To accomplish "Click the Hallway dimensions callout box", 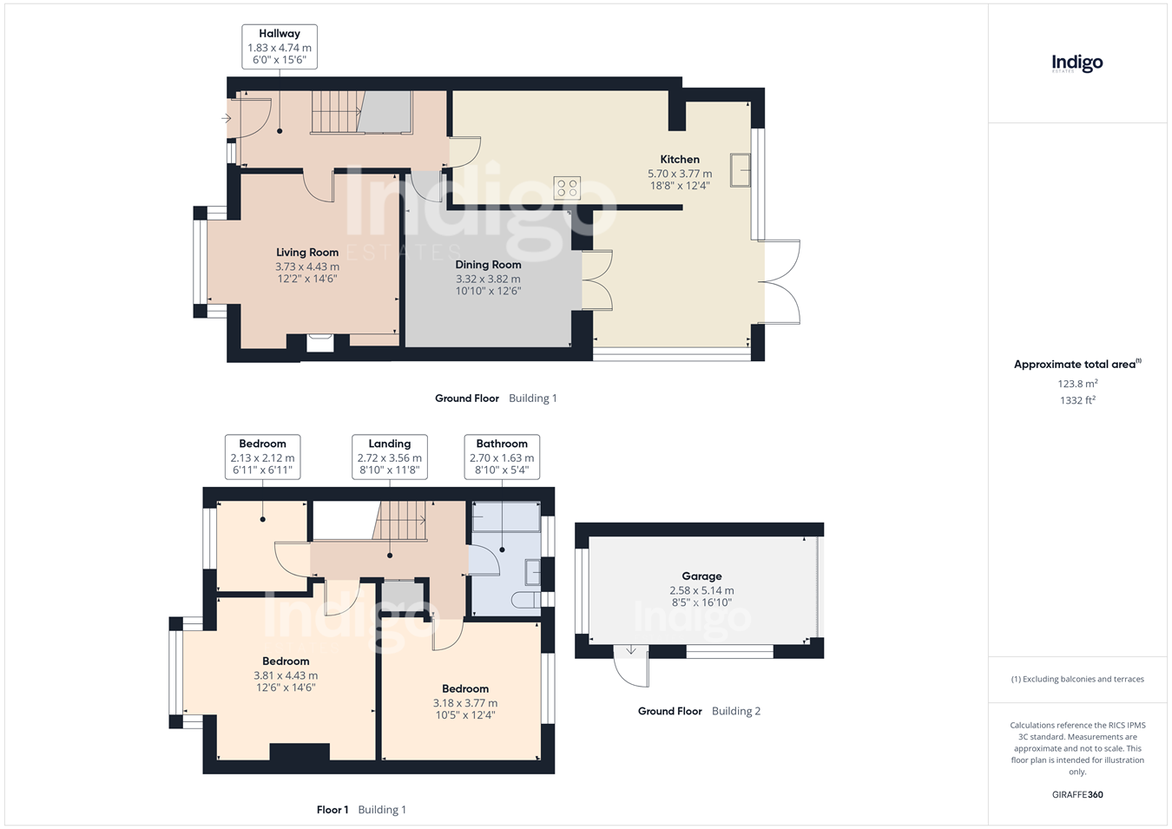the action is click(x=280, y=47).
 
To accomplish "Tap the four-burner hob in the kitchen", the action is click(x=567, y=188).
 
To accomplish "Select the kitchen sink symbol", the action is click(x=741, y=170).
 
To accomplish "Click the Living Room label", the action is click(x=307, y=252).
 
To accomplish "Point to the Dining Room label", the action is click(x=488, y=265).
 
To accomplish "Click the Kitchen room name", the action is click(x=680, y=159).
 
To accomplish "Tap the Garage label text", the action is click(x=701, y=576).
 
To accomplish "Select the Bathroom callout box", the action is click(x=502, y=457).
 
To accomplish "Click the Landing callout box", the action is click(x=389, y=457).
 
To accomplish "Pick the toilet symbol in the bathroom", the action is click(x=525, y=600).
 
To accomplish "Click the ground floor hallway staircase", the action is click(x=338, y=111).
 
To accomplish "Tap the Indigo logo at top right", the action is click(x=1077, y=63).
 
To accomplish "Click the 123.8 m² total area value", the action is click(x=1077, y=384).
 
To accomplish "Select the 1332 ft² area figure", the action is click(x=1077, y=400).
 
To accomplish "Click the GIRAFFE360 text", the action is click(x=1077, y=794).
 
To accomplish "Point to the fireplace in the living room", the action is click(x=319, y=343).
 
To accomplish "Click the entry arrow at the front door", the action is click(x=226, y=119).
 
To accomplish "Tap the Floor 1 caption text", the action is click(x=333, y=810).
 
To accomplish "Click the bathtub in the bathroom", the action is click(x=506, y=516).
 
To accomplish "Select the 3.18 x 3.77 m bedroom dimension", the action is click(x=465, y=703).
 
